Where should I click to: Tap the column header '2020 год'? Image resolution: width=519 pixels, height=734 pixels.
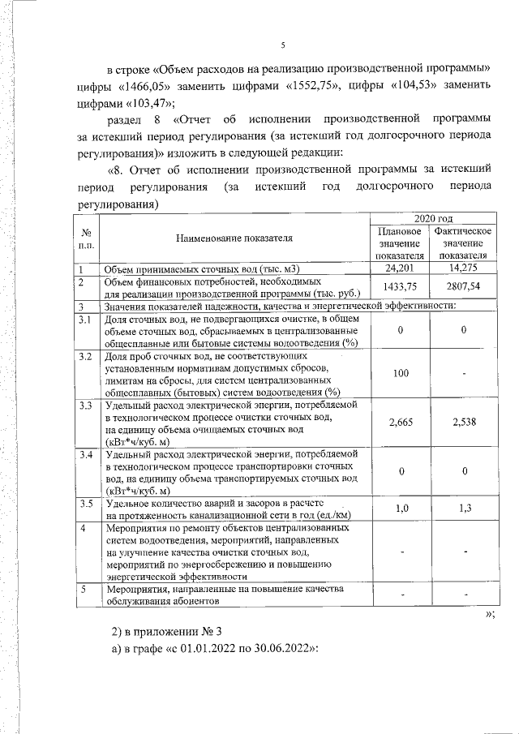(x=432, y=219)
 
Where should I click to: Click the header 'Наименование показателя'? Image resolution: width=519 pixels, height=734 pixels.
(x=232, y=238)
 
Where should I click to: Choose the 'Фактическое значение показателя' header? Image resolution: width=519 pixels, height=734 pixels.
(x=464, y=243)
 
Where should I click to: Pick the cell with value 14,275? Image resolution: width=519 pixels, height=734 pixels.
(x=464, y=268)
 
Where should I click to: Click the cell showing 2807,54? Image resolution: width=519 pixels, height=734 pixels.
(x=464, y=285)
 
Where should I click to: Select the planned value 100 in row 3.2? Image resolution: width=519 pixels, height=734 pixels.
(x=400, y=372)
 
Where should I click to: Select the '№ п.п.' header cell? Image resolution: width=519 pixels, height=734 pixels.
(x=85, y=238)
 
